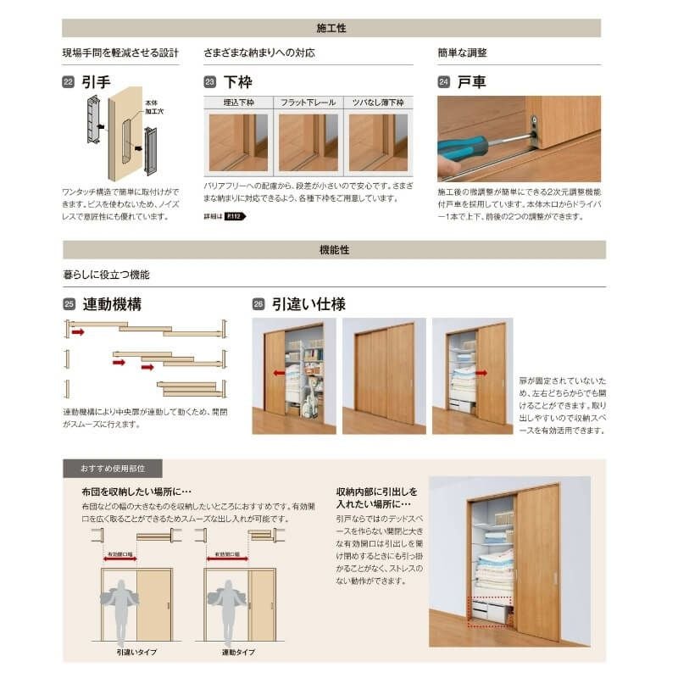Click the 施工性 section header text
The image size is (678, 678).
tap(332, 28)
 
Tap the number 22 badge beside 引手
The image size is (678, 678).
tap(68, 82)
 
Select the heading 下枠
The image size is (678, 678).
tap(238, 82)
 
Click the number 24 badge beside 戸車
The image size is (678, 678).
tap(443, 82)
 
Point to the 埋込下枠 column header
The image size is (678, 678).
tap(239, 103)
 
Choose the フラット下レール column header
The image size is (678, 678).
tap(308, 103)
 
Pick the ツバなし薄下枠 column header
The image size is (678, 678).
tap(378, 103)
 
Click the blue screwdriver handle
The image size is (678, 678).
tap(463, 149)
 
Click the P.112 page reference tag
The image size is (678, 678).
tap(234, 217)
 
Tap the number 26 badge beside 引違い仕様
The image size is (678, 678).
tap(258, 304)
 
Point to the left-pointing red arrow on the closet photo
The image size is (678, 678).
tap(276, 371)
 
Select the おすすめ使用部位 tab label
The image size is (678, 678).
tap(112, 469)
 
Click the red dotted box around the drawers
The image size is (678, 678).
tap(490, 612)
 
